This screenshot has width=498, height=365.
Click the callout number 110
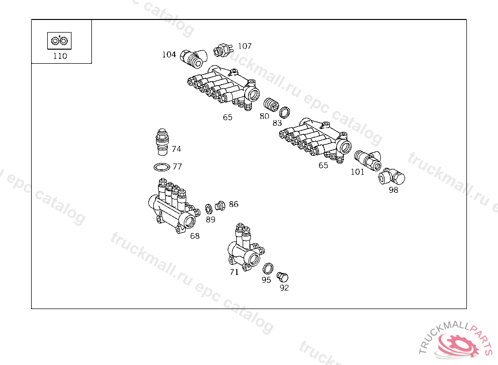point(60,56)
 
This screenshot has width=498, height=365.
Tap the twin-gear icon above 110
point(59,41)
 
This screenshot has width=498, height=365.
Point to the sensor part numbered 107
point(223,50)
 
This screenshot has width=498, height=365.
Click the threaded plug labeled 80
point(271,104)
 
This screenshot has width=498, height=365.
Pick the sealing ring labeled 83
point(285,112)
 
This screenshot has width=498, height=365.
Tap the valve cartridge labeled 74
point(162,142)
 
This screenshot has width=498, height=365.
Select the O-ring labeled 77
point(162,167)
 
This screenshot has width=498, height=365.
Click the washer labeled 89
point(209,209)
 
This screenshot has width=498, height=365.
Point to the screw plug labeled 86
point(220,206)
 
